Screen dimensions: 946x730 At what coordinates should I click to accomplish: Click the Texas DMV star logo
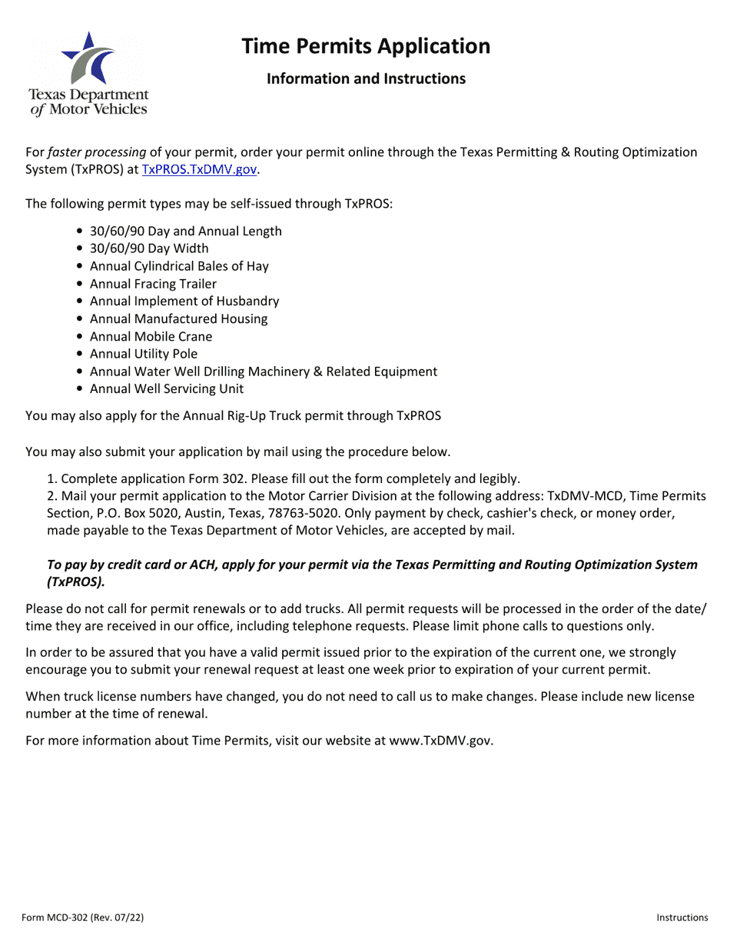point(88,59)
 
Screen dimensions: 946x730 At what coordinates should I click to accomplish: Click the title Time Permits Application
point(366,46)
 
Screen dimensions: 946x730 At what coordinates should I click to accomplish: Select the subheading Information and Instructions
point(366,78)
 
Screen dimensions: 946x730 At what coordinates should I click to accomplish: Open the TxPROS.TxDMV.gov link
point(199,170)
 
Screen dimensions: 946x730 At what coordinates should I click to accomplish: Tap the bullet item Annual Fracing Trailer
point(153,284)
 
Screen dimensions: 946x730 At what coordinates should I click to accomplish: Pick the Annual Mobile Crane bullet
point(151,336)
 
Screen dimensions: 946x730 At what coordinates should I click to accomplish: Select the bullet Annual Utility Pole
point(144,354)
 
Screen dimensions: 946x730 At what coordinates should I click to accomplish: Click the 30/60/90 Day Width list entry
point(149,248)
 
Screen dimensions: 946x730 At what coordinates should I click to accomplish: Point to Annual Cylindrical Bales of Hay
point(179,266)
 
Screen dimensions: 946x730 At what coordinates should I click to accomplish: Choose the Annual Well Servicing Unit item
point(167,389)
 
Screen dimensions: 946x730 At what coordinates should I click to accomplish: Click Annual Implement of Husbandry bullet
point(184,301)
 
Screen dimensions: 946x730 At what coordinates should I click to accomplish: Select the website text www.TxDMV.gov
point(440,741)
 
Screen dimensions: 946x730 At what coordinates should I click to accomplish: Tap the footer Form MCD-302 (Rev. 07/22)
point(83,918)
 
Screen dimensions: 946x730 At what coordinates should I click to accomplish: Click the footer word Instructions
point(682,918)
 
